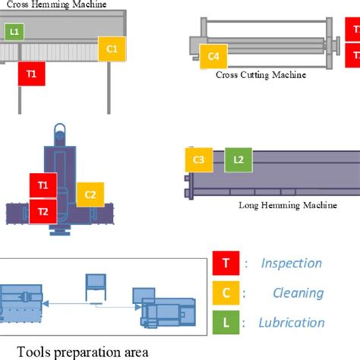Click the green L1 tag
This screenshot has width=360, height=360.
[14, 32]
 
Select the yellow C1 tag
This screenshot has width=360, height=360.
[112, 49]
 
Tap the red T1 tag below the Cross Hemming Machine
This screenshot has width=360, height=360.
[32, 74]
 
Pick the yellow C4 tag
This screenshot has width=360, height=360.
[213, 56]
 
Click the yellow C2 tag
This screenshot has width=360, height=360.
[90, 195]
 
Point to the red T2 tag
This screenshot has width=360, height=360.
[43, 210]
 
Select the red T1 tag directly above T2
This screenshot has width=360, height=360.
[43, 185]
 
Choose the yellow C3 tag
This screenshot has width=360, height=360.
[198, 159]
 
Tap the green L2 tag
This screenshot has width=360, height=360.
[238, 159]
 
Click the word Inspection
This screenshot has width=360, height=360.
[292, 264]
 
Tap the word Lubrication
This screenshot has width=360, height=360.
[292, 322]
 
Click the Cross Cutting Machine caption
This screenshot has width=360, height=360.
[261, 75]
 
